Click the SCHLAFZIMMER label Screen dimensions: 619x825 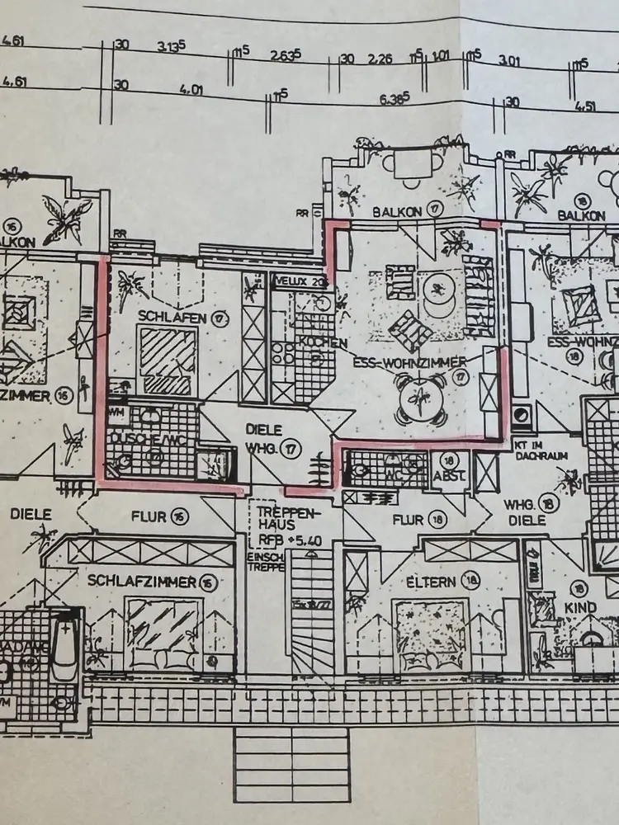143,582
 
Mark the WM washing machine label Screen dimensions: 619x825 116,410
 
